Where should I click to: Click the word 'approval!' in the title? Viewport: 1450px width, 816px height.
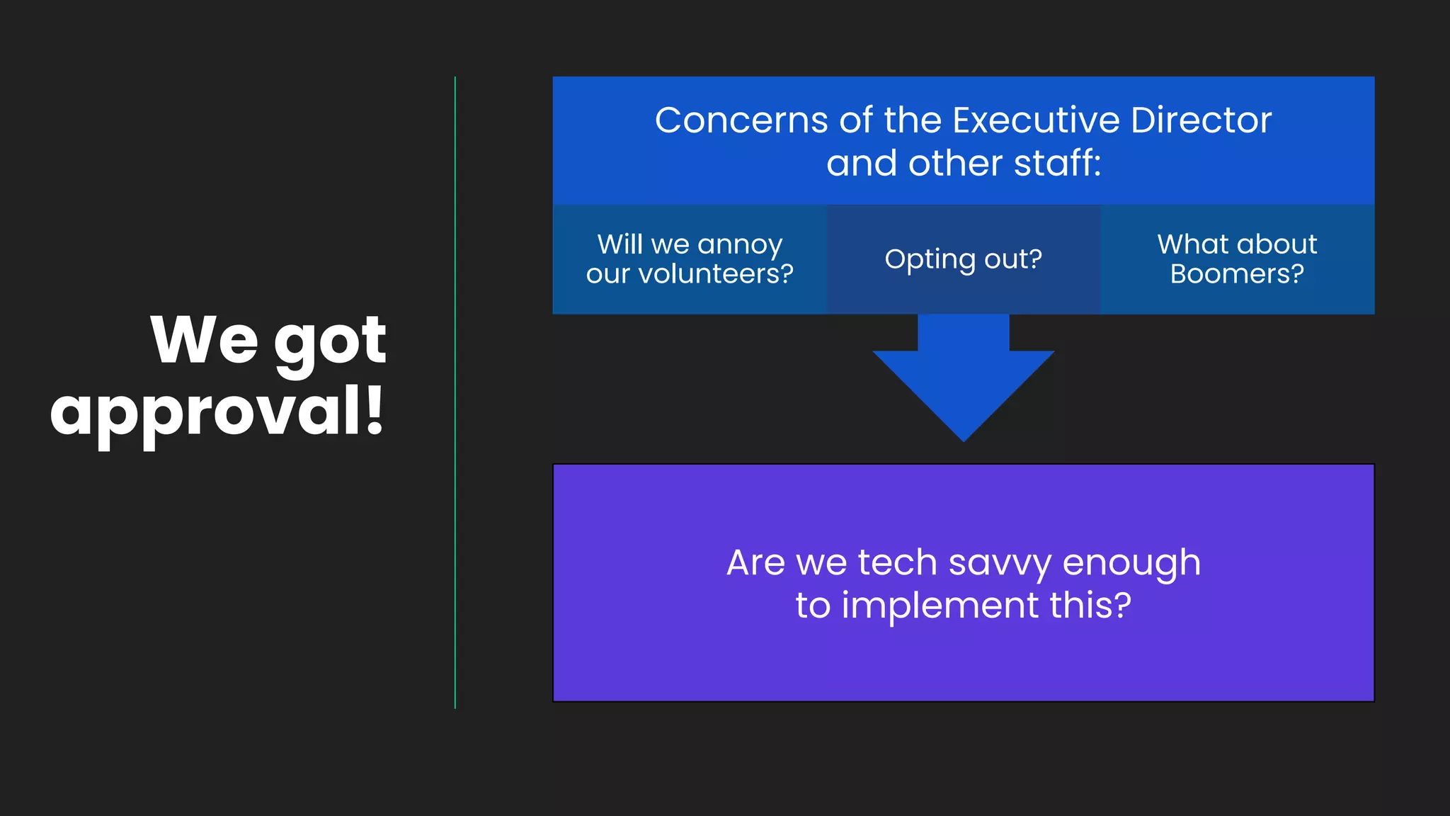[217, 413]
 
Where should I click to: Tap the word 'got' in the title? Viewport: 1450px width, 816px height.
[330, 341]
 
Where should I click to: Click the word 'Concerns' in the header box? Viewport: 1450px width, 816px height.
[741, 120]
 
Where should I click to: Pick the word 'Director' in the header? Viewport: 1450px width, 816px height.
[1201, 120]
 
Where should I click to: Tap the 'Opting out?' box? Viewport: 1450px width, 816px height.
[963, 259]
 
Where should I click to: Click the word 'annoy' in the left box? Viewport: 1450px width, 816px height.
[740, 245]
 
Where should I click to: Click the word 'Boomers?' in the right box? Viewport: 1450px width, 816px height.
[1237, 274]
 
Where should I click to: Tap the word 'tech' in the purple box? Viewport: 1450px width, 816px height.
[897, 563]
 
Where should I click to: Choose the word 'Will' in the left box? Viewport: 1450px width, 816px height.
[620, 244]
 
